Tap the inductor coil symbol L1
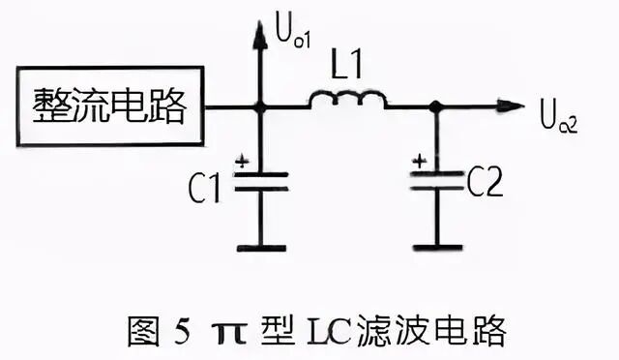pos(348,100)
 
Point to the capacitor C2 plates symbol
pos(437,181)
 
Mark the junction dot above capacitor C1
pos(258,105)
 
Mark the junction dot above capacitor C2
pos(437,105)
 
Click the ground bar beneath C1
pos(259,248)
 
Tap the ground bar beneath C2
pos(437,247)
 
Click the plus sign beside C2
pos(418,162)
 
